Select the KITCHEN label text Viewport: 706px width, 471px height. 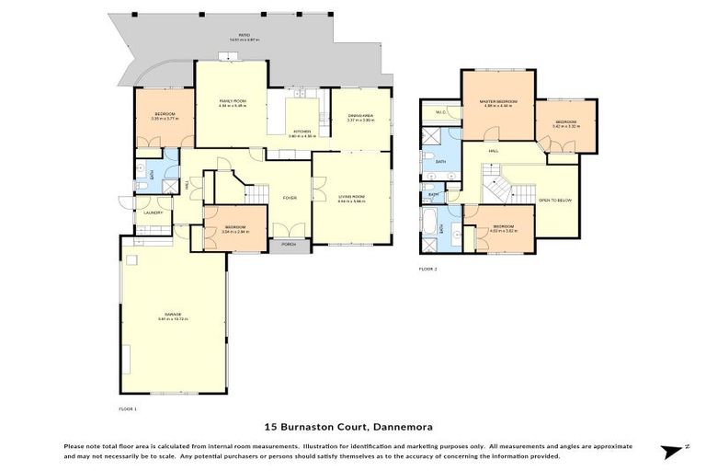(303, 132)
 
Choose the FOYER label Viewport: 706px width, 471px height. (290, 197)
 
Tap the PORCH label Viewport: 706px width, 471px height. (289, 245)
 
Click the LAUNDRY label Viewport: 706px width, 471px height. (153, 213)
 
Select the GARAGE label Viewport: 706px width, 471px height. (173, 315)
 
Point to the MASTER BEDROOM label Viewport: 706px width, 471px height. (500, 100)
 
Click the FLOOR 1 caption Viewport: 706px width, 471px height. (128, 408)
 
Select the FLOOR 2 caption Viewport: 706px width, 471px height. (428, 270)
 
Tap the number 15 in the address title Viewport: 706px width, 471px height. (270, 427)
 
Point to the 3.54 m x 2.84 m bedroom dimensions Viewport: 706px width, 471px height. (235, 232)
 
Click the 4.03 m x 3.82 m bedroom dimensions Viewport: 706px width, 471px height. (502, 230)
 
